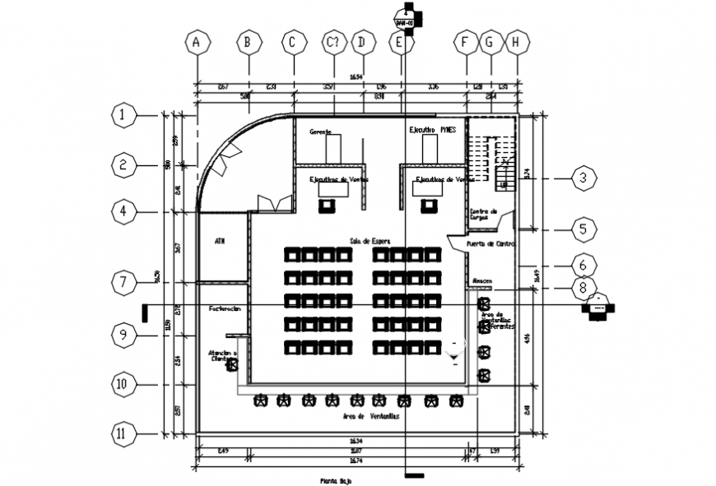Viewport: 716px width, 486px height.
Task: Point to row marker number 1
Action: pos(123,116)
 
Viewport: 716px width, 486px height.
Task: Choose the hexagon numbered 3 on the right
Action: pos(583,178)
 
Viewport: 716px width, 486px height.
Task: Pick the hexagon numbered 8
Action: pos(583,288)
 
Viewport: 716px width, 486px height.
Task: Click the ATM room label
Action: pos(220,241)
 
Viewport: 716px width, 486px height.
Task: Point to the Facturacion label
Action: pos(225,308)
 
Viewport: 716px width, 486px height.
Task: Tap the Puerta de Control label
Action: pos(491,244)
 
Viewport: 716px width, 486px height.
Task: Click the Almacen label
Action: pos(482,281)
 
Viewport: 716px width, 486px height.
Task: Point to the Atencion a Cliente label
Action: pos(221,355)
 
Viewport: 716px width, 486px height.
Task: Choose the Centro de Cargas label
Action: pos(484,214)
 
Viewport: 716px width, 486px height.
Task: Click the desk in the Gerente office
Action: pos(333,149)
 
